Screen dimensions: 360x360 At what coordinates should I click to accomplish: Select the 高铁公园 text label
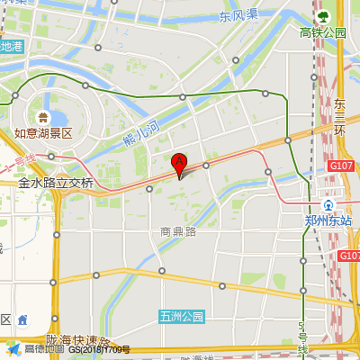pos(323,32)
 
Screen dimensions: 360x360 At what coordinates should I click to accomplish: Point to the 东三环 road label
pos(339,117)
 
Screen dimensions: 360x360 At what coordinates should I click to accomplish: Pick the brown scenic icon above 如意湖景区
pos(42,117)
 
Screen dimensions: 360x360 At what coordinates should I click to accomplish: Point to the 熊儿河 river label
pos(139,133)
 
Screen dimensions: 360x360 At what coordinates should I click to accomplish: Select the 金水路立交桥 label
pos(56,183)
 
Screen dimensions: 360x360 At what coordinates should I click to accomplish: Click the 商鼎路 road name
pos(178,231)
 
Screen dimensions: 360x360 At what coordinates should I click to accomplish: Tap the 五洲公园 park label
pos(182,316)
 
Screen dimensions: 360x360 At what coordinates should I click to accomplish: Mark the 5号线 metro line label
pos(303,337)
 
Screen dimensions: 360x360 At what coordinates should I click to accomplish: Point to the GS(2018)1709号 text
pos(99,350)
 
